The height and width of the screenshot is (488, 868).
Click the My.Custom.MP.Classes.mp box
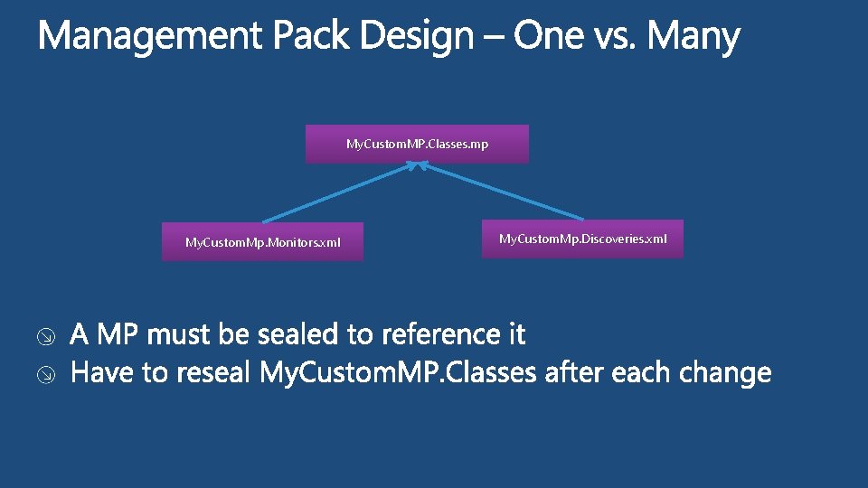[x=417, y=145]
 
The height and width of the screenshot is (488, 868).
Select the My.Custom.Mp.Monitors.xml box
[x=262, y=242]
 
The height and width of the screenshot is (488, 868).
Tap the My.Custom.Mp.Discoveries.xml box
[x=582, y=239]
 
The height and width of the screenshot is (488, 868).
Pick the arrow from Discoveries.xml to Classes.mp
[x=502, y=192]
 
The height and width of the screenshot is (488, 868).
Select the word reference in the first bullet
[x=433, y=335]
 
